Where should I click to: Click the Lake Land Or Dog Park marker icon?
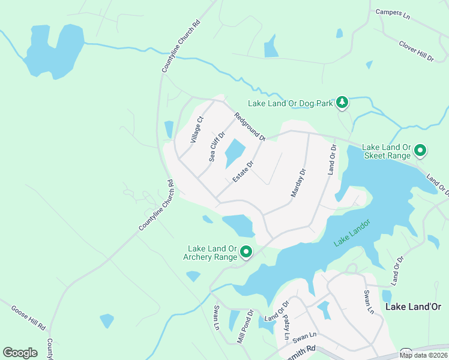342,103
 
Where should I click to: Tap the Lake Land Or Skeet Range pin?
420,150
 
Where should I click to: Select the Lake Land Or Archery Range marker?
246,252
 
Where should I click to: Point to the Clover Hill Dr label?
416,50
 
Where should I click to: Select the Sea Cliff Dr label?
217,146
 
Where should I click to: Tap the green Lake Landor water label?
352,232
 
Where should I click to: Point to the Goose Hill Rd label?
28,319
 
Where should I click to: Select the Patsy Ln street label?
286,327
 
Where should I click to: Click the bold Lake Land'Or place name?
413,307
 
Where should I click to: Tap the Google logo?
20,353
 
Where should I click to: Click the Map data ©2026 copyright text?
423,355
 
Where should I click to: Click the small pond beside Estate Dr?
235,154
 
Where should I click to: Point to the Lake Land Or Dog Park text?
291,103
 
